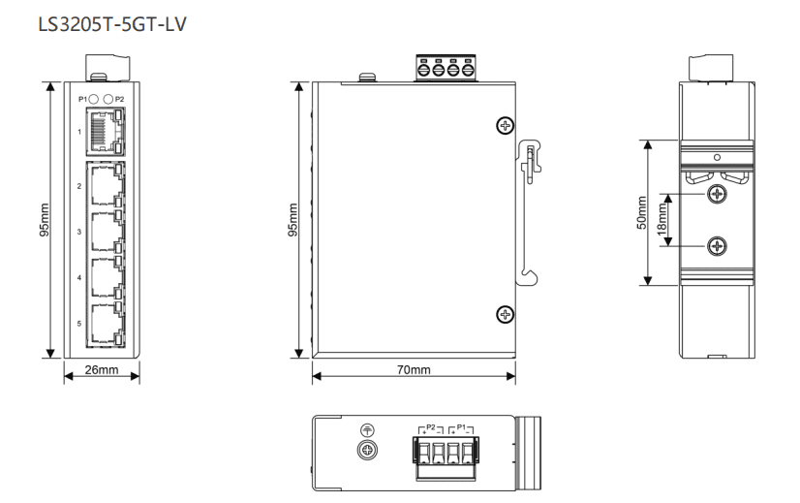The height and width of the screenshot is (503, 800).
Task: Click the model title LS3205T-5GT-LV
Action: click(x=112, y=24)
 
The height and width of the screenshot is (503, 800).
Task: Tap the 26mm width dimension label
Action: click(x=102, y=369)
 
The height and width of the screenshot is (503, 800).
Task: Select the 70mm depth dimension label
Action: click(x=414, y=369)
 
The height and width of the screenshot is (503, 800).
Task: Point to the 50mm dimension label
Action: click(x=642, y=212)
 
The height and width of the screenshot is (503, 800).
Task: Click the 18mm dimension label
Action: click(x=662, y=220)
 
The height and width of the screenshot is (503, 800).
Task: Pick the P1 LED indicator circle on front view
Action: click(x=93, y=99)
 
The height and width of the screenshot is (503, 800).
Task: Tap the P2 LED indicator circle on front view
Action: click(x=108, y=99)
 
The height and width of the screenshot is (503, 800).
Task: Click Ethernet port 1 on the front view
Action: click(x=106, y=132)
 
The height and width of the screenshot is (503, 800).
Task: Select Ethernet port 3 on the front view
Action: click(x=107, y=232)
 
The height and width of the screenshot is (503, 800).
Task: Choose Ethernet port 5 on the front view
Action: click(x=107, y=324)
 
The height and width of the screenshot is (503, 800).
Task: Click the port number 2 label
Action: click(x=79, y=186)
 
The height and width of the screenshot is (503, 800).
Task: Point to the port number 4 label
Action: click(x=79, y=278)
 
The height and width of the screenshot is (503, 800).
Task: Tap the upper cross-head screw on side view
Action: click(x=506, y=126)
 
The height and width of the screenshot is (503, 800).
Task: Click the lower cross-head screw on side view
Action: click(x=506, y=315)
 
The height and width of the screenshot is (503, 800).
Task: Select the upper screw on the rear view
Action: click(x=718, y=194)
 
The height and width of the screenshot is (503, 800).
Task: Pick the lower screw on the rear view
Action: click(x=718, y=246)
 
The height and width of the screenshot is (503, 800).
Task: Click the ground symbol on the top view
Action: click(x=367, y=430)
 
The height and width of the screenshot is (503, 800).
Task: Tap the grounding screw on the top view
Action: click(x=367, y=450)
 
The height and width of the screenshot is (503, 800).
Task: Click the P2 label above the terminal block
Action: click(x=431, y=426)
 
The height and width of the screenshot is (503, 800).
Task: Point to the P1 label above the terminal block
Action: click(x=461, y=426)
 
